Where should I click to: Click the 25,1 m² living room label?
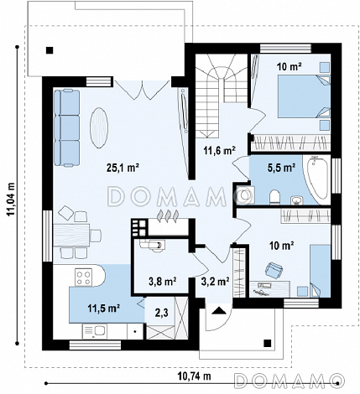[123, 168]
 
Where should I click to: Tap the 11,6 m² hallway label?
[219, 150]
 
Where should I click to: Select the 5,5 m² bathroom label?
[283, 168]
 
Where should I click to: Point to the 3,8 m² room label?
[163, 282]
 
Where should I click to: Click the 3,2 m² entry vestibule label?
[216, 281]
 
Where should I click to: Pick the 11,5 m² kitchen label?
[104, 308]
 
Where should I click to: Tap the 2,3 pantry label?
[162, 313]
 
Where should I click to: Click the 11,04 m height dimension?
[11, 199]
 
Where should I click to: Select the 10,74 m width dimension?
[194, 376]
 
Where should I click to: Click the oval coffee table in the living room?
[99, 127]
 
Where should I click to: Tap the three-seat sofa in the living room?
[66, 128]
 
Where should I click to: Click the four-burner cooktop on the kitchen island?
[84, 277]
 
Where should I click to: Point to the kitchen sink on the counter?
[94, 331]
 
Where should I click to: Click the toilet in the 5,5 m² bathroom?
[274, 197]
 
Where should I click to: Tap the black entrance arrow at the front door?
[219, 310]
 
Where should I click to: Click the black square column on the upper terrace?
[50, 50]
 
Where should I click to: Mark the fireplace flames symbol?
[168, 216]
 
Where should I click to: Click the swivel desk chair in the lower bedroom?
[274, 270]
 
